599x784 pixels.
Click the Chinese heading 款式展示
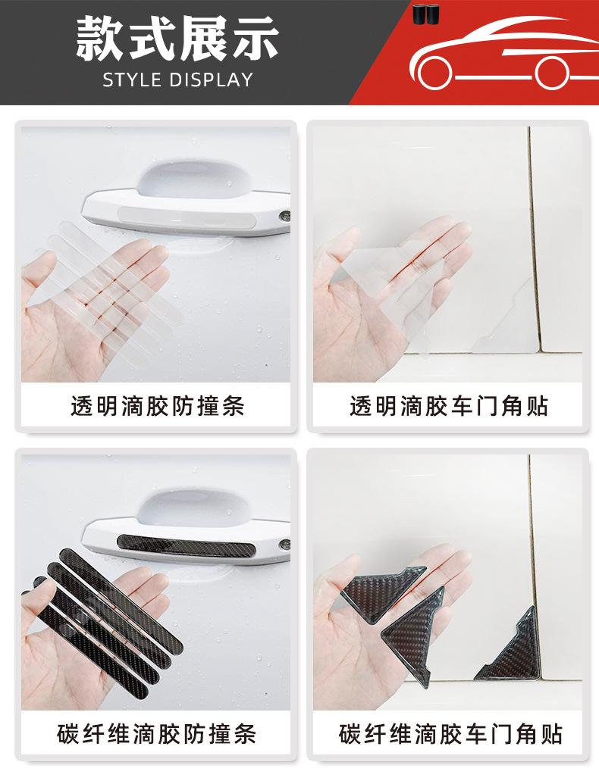(177, 39)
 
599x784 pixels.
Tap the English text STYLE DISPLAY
(177, 80)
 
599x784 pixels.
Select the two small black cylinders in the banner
(425, 14)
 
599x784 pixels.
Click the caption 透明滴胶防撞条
(157, 406)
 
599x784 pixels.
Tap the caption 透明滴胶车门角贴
(448, 406)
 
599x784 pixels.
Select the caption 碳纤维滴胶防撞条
(156, 734)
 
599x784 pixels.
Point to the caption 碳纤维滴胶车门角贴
(450, 734)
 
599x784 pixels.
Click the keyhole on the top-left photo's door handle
(285, 217)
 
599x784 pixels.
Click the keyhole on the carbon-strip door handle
(285, 545)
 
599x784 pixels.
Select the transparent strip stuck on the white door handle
(187, 218)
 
